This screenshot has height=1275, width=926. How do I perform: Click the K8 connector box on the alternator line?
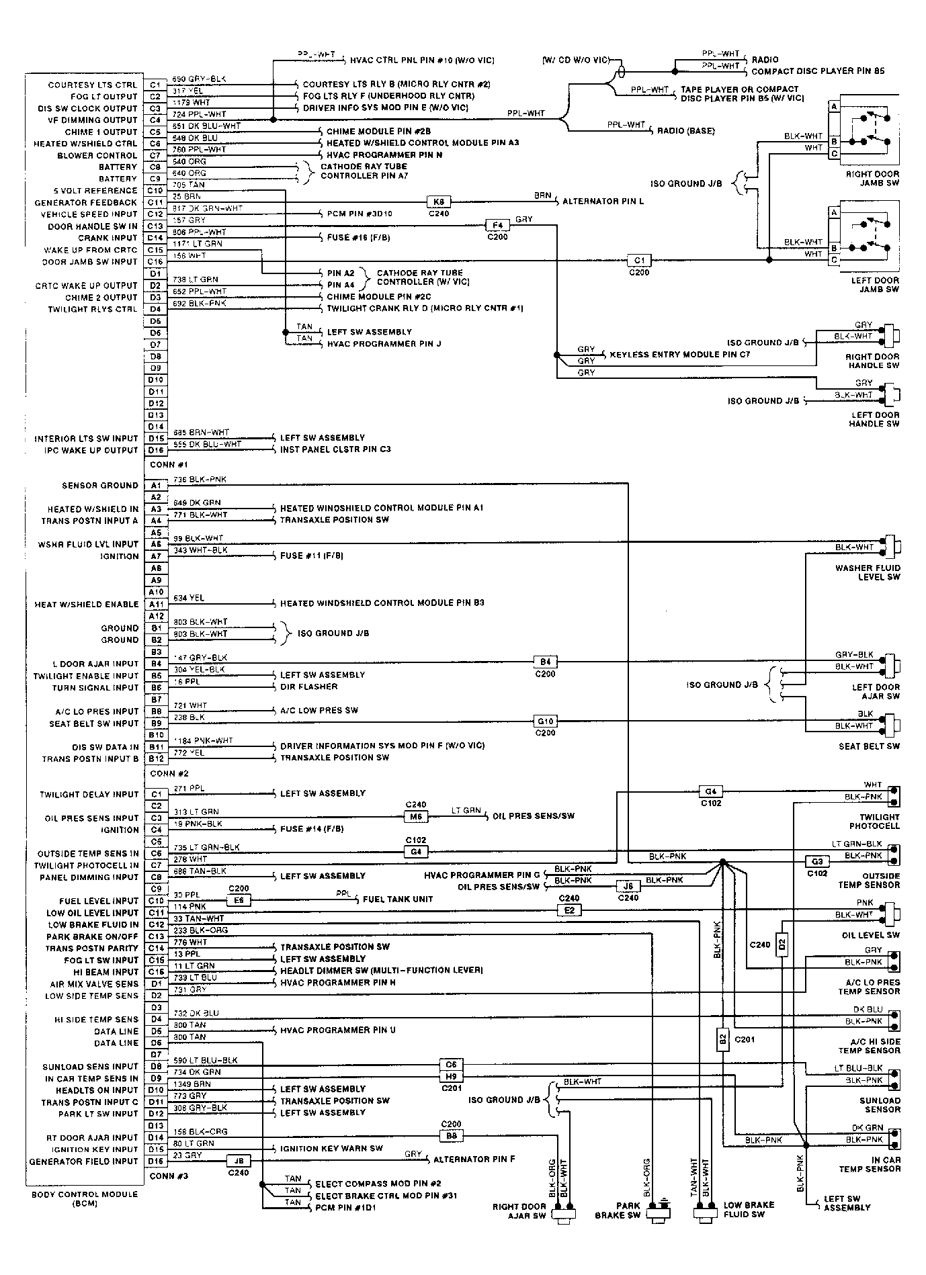(x=439, y=202)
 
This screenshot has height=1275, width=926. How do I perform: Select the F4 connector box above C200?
(x=497, y=225)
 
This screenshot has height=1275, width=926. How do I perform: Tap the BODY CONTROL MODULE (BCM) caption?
(x=85, y=1198)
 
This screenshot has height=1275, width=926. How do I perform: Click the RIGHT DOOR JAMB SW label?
(x=872, y=178)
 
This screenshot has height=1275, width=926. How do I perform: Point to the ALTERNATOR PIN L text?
(x=603, y=202)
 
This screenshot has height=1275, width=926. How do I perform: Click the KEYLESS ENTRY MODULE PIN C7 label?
(x=679, y=354)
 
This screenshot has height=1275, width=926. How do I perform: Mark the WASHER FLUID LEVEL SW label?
(x=868, y=572)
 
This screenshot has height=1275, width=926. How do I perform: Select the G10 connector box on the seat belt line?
(x=545, y=721)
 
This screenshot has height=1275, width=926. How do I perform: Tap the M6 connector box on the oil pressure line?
(x=415, y=816)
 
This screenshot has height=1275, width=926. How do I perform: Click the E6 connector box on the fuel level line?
(x=239, y=901)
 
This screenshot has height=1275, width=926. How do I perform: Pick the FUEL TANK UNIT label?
(x=398, y=899)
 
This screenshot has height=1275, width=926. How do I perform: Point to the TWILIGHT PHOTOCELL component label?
(x=874, y=822)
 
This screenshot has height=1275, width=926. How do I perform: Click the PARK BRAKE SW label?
(x=618, y=1210)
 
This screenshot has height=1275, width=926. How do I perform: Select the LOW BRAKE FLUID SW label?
(x=749, y=1209)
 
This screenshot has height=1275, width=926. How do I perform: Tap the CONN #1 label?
(x=169, y=464)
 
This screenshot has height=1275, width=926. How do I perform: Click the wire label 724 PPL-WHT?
(x=199, y=114)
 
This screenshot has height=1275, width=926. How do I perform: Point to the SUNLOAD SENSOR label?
(x=880, y=1105)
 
